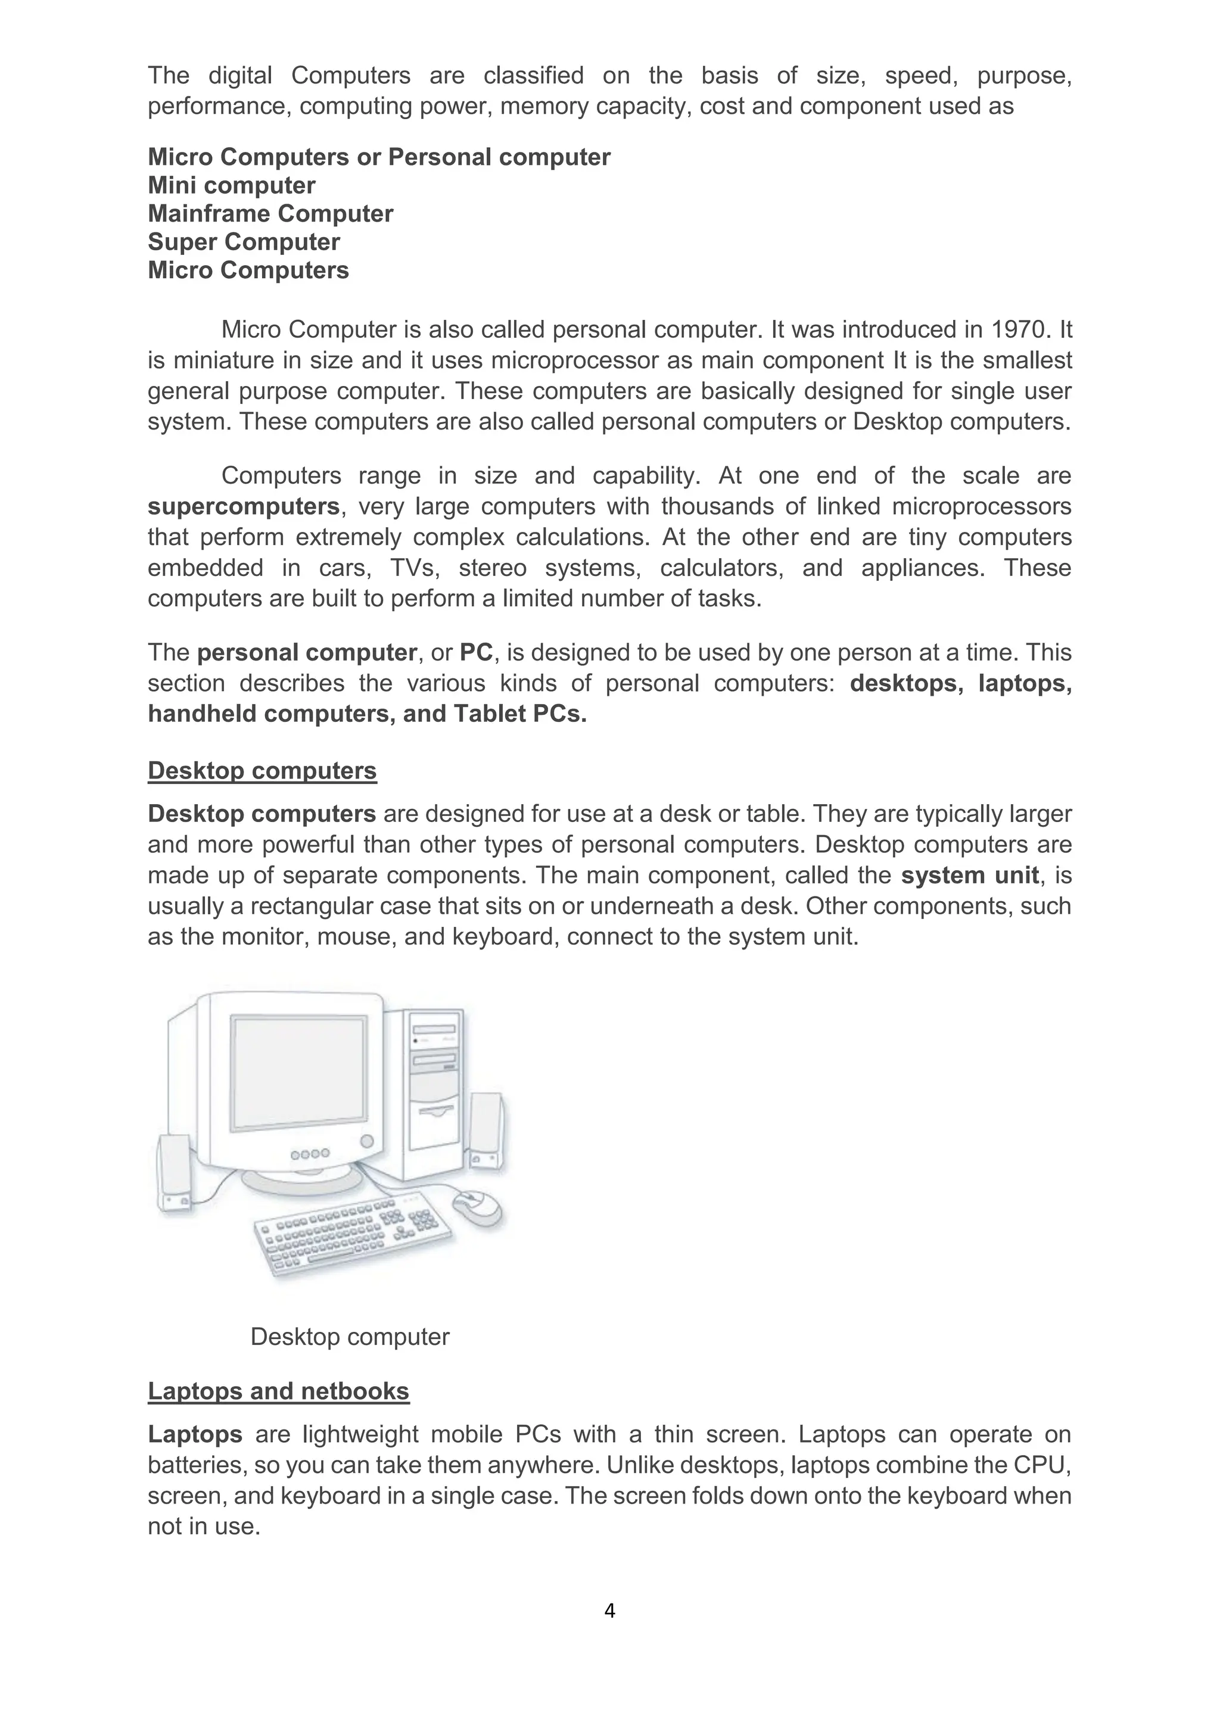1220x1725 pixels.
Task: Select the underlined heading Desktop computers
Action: tap(262, 771)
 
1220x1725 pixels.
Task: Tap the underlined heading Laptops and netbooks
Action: tap(278, 1391)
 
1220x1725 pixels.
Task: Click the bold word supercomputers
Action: tap(244, 506)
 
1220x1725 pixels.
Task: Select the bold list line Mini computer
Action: tap(231, 186)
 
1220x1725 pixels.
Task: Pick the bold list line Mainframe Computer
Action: tap(270, 213)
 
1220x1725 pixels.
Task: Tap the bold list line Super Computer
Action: tap(244, 242)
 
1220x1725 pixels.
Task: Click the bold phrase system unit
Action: tap(970, 875)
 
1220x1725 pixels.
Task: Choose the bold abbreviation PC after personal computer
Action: tap(477, 652)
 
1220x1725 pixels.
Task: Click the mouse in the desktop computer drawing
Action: tap(478, 1207)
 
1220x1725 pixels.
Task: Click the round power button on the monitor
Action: tap(366, 1141)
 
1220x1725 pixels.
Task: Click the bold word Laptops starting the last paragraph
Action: tap(195, 1434)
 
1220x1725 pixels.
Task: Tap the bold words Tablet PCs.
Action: tap(520, 714)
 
